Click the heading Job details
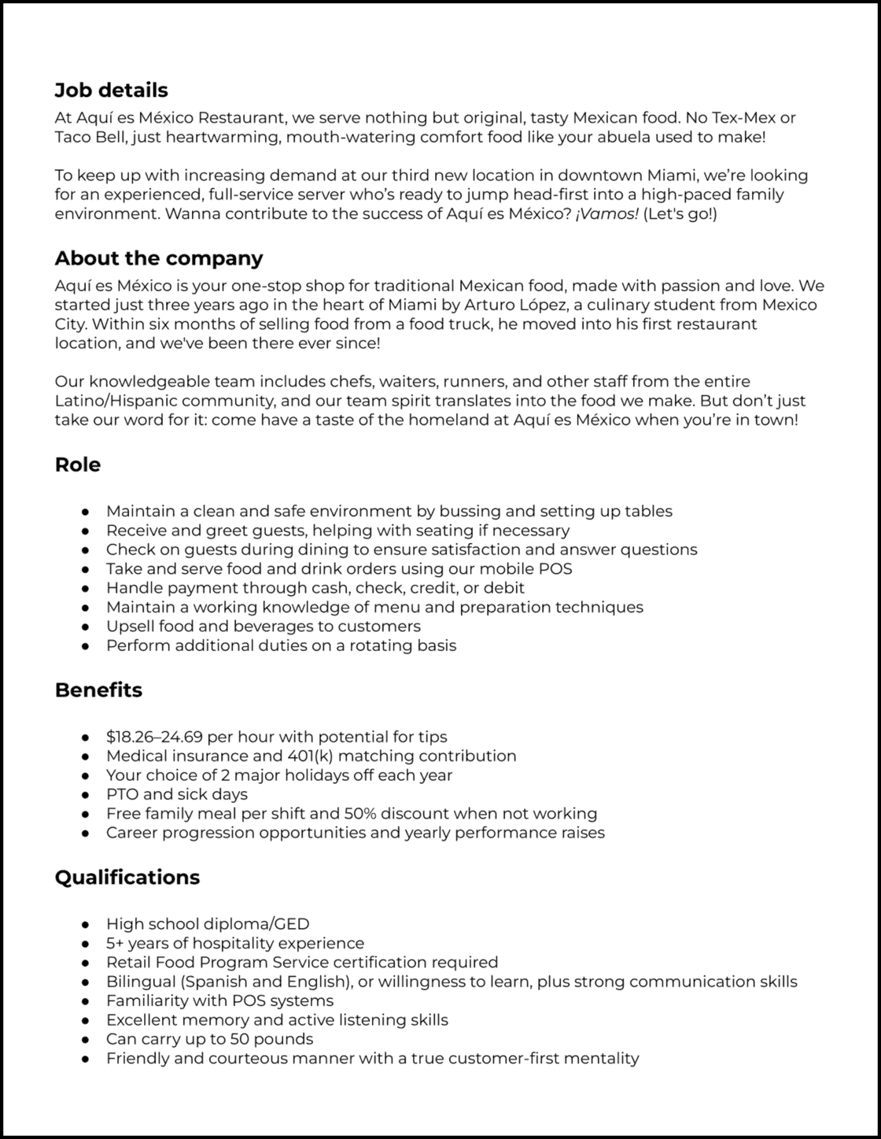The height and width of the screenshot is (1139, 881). [x=111, y=90]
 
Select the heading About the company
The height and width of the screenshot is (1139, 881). [x=159, y=258]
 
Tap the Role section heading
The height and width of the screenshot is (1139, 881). [x=77, y=464]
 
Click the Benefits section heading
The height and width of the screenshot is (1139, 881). [x=98, y=690]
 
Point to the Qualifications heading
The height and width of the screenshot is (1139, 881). [x=127, y=877]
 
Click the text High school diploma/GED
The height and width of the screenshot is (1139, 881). [x=208, y=924]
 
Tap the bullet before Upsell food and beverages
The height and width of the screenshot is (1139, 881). [x=86, y=627]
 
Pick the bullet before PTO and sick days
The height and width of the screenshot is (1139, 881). [x=86, y=795]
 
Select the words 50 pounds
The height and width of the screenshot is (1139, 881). [x=271, y=1039]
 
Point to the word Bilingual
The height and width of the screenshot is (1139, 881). [x=138, y=982]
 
